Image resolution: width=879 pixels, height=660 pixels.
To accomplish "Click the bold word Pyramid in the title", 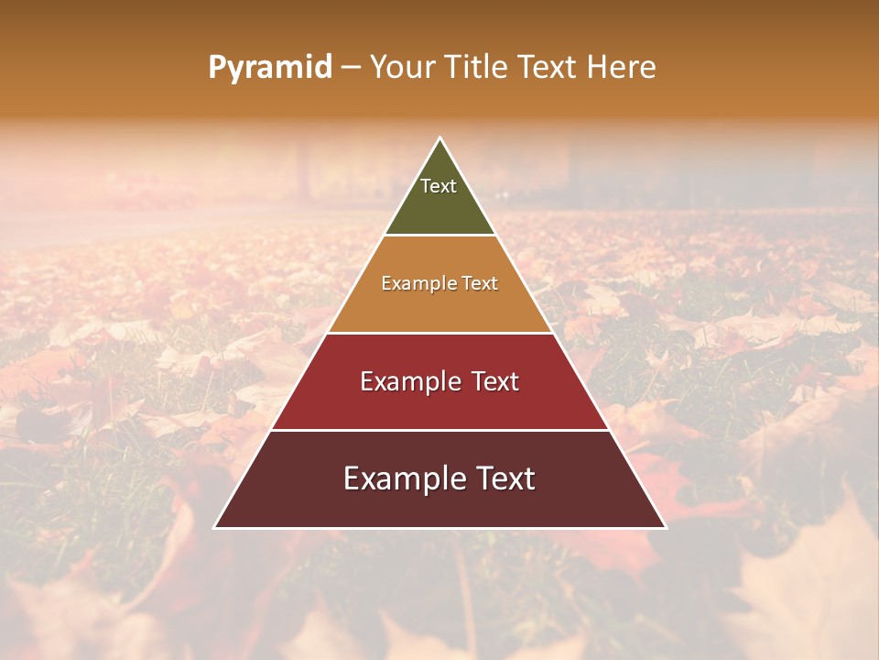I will pyautogui.click(x=270, y=68).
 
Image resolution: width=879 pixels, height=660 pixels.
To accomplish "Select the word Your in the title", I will pyautogui.click(x=399, y=67).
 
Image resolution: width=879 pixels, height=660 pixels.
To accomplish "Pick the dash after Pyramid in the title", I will pyautogui.click(x=351, y=68).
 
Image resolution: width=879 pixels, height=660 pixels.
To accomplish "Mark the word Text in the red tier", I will pyautogui.click(x=496, y=381).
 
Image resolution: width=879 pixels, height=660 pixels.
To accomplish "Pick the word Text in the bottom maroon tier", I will pyautogui.click(x=505, y=478).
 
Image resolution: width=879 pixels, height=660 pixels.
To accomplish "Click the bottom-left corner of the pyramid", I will pyautogui.click(x=215, y=527).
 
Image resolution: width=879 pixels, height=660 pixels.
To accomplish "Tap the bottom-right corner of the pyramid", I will pyautogui.click(x=666, y=527).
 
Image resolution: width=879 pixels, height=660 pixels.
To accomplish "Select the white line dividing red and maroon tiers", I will pyautogui.click(x=439, y=430).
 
